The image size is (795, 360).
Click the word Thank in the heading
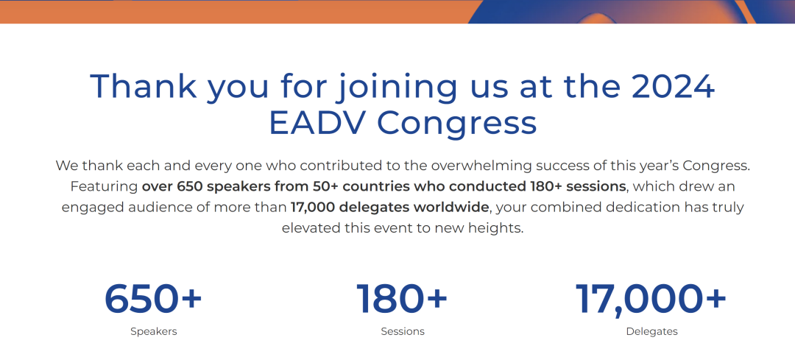[144, 85]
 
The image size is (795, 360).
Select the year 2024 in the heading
[672, 85]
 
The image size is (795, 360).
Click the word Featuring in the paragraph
[104, 187]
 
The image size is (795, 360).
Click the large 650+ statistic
[153, 299]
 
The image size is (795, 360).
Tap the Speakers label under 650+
[154, 331]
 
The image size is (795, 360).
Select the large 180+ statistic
[402, 299]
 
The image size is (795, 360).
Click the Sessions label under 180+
[403, 331]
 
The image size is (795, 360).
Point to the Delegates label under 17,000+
[651, 331]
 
